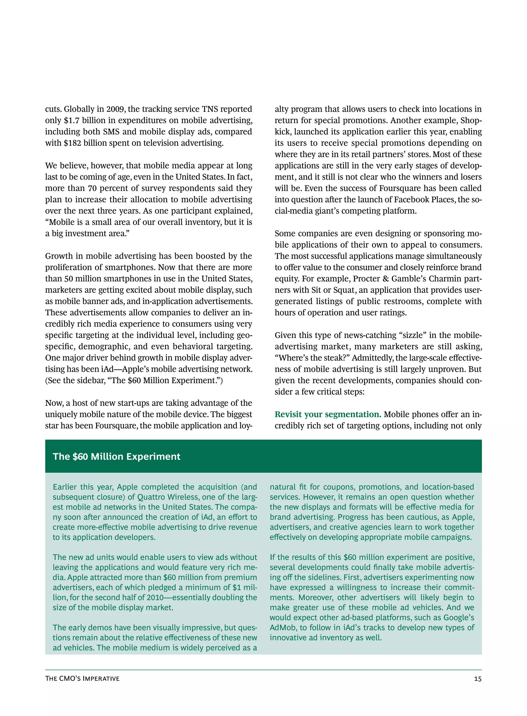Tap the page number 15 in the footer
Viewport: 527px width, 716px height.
478,679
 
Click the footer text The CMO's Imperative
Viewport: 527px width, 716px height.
82,679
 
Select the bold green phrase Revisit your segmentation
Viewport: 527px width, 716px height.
328,414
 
